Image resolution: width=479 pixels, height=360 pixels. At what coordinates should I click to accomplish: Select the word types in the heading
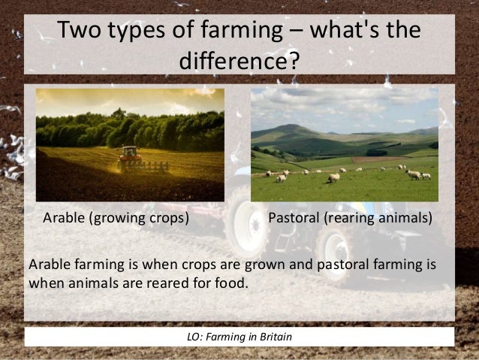pos(143,32)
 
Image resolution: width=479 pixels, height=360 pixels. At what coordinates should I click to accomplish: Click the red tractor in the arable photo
pos(129,155)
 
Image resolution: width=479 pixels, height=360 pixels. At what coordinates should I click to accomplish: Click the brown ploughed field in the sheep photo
pos(375,159)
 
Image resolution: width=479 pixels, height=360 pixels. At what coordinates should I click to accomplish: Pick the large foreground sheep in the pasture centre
pos(333,177)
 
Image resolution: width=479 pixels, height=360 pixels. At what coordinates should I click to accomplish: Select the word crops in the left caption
pos(167,219)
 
